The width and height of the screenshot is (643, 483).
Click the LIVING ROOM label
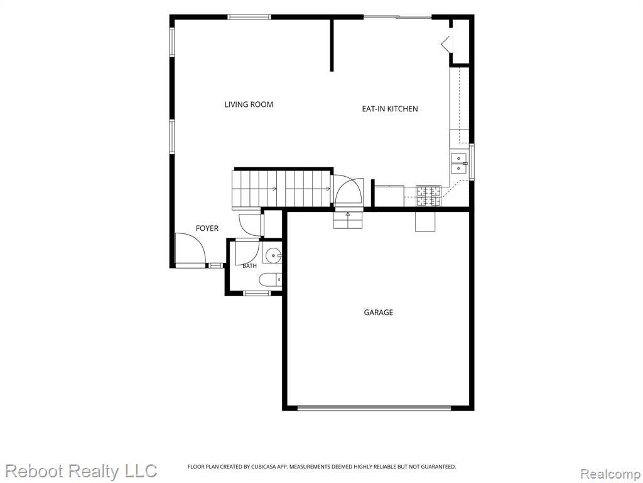click(x=249, y=104)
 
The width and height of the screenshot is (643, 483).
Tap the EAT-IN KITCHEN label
click(x=389, y=109)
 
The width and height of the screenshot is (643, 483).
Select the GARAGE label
click(x=378, y=313)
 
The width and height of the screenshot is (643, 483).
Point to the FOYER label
click(x=207, y=228)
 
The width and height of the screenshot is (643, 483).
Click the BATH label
click(x=249, y=266)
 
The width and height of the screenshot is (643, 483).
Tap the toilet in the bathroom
click(x=271, y=280)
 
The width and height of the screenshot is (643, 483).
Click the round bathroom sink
click(x=273, y=255)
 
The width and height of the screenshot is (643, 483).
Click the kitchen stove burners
click(x=428, y=196)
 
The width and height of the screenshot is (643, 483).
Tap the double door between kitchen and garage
click(x=348, y=192)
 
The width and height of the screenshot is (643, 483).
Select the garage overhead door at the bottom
click(x=374, y=408)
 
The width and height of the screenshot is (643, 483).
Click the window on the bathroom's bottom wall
click(x=257, y=293)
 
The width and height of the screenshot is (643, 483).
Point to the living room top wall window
click(x=249, y=17)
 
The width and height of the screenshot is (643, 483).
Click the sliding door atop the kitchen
click(x=397, y=17)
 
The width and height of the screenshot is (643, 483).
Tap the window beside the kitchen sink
click(x=472, y=162)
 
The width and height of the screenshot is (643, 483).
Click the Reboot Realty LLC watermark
click(x=81, y=470)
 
